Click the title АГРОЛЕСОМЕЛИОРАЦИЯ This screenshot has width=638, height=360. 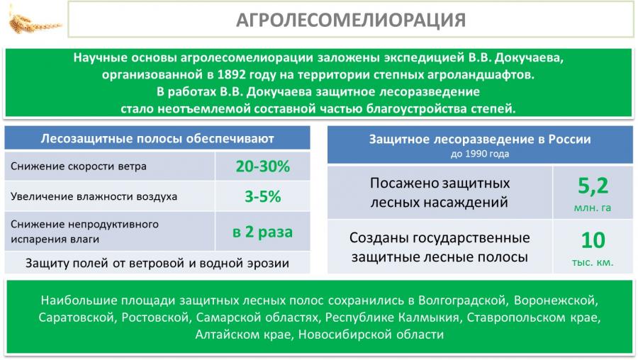click(x=351, y=20)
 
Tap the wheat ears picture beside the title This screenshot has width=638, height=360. click(x=34, y=23)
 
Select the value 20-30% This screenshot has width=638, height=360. click(x=263, y=166)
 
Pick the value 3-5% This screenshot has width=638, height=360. click(x=263, y=196)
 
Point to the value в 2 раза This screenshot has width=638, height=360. click(x=262, y=232)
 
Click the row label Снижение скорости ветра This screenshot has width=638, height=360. click(x=79, y=167)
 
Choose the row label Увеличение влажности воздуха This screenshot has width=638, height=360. click(x=94, y=197)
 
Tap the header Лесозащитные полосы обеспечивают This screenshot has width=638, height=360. click(x=157, y=139)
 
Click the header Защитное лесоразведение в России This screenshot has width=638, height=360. click(x=480, y=139)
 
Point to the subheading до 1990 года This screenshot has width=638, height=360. click(x=480, y=154)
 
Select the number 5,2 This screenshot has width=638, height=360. click(x=593, y=186)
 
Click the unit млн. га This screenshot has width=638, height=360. click(x=593, y=208)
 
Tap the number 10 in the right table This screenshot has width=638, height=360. click(x=593, y=240)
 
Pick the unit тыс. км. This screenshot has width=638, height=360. click(x=593, y=262)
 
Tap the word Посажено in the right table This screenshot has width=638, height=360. click(x=402, y=184)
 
